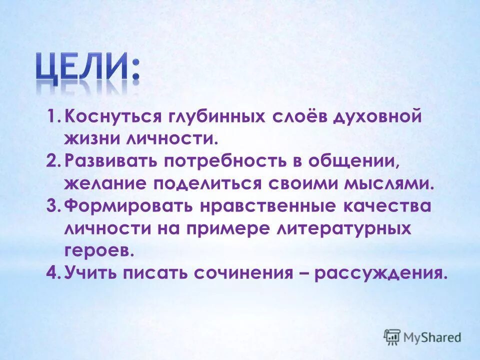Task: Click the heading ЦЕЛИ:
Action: (87, 70)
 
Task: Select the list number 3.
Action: (53, 205)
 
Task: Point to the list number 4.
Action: (53, 273)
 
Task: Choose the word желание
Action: (105, 183)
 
